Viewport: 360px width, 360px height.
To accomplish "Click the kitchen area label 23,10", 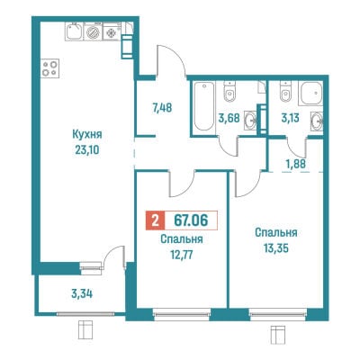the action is (87, 149).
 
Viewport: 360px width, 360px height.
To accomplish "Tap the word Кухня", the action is (87, 134).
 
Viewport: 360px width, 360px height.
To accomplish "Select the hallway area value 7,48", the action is (162, 107).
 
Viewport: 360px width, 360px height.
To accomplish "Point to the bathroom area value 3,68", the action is (229, 118).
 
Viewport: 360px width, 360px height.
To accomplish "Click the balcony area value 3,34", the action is (82, 293).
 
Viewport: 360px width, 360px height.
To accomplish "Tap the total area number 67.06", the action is (191, 220).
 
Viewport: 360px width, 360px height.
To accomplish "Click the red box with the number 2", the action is (155, 220).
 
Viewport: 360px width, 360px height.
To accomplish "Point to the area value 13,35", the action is (276, 248).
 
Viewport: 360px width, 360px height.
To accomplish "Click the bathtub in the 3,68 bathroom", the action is (203, 106).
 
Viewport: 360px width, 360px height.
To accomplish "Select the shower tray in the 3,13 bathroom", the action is (311, 93).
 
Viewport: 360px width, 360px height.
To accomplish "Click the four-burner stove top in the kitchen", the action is (49, 68).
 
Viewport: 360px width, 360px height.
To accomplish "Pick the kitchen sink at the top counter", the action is (75, 32).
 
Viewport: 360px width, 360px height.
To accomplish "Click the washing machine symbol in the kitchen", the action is (94, 32).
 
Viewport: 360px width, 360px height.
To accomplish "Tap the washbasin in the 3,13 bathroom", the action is (317, 121).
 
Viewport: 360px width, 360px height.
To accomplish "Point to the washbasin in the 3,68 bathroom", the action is (251, 121).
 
